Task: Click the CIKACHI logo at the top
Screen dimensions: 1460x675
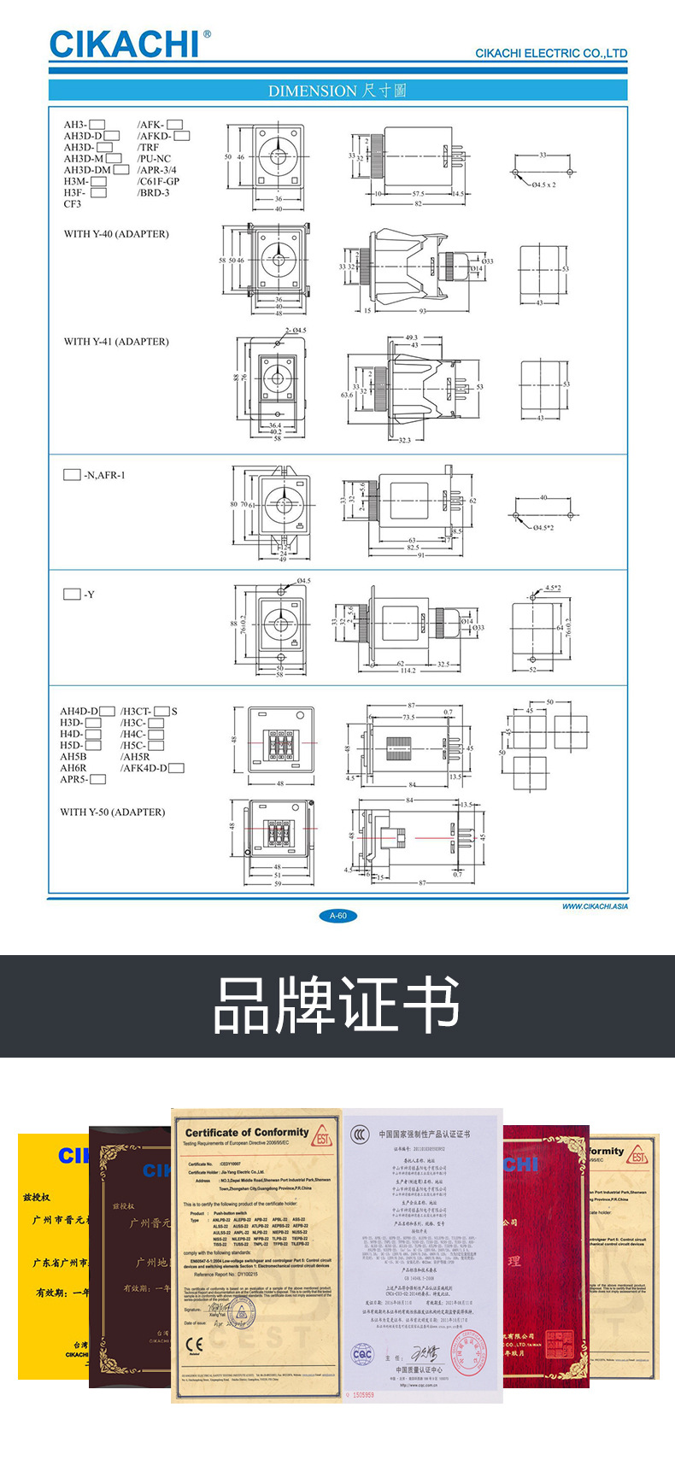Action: click(125, 44)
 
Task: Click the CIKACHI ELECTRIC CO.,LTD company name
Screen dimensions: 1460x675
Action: click(550, 53)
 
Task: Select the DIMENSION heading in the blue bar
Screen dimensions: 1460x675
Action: click(337, 91)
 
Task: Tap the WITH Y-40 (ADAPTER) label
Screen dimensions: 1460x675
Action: click(116, 234)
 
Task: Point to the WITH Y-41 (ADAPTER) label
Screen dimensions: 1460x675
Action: click(116, 342)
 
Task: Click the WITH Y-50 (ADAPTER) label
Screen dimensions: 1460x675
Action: click(112, 812)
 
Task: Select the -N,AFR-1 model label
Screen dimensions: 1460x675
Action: click(104, 475)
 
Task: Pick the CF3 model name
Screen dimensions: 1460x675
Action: click(73, 204)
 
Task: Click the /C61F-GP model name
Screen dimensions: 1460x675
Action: click(159, 181)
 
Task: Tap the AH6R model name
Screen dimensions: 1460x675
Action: click(73, 768)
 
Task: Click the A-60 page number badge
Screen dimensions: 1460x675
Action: click(337, 916)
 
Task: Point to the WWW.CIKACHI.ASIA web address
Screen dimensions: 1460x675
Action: click(595, 906)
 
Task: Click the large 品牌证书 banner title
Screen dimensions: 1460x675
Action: click(337, 1006)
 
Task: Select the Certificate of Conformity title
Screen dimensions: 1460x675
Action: click(247, 1132)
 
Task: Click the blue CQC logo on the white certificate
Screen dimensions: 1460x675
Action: click(363, 1354)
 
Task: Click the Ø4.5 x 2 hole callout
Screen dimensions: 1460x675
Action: click(543, 185)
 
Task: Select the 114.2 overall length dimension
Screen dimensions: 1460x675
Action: click(408, 671)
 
